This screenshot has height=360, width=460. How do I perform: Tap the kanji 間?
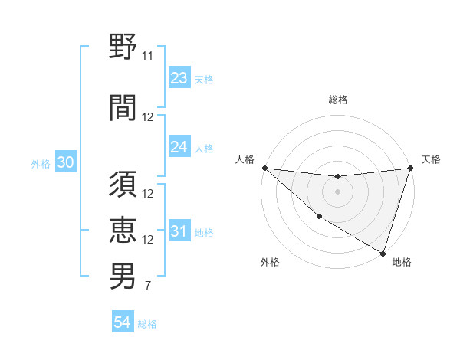123,108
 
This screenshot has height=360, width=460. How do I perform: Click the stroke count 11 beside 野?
148,56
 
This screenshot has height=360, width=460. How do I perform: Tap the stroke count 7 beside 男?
147,286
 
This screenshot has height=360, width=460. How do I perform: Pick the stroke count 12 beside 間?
148,117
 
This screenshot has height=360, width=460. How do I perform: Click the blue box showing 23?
179,78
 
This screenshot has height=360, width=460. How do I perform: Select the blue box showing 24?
179,147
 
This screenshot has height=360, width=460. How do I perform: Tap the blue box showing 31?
179,231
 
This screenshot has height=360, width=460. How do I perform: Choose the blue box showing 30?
65,162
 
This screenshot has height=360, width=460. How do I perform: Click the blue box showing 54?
123,322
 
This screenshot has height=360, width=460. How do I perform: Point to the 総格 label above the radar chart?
338,100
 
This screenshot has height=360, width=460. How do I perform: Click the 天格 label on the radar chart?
432,159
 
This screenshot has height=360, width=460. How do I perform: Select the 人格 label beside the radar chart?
245,159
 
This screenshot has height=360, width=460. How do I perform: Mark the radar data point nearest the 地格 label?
383,253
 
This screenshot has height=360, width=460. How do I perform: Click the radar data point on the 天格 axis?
411,168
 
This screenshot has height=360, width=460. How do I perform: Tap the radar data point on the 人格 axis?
264,168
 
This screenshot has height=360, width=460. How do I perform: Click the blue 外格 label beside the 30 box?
40,163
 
